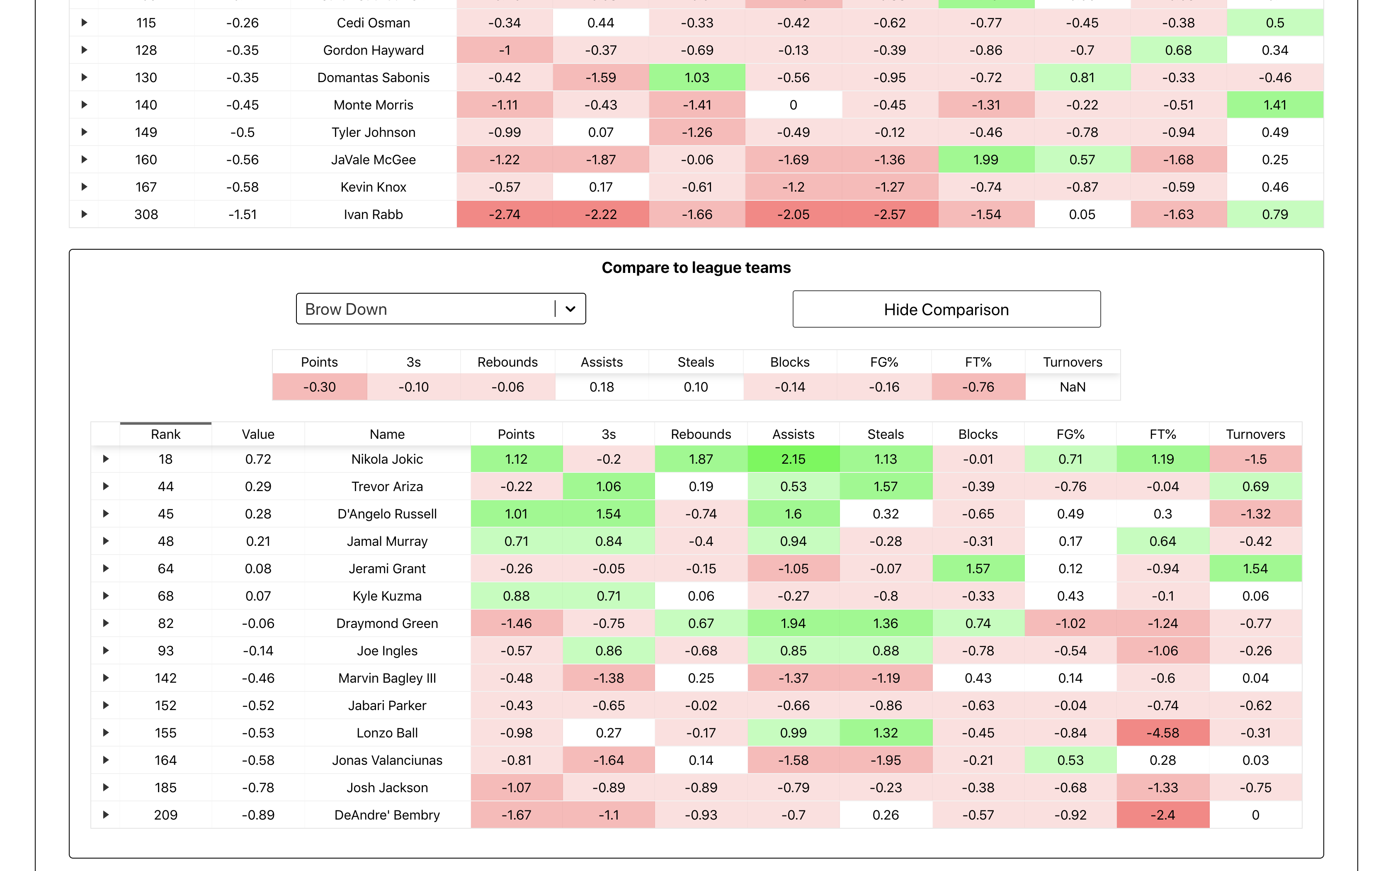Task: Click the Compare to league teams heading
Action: pyautogui.click(x=696, y=268)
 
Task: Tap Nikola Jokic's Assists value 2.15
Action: pyautogui.click(x=793, y=459)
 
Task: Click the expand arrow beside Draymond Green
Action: pyautogui.click(x=106, y=623)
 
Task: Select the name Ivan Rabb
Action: pyautogui.click(x=373, y=214)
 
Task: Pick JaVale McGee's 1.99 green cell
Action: pyautogui.click(x=985, y=160)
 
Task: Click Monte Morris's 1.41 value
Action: pyautogui.click(x=1274, y=105)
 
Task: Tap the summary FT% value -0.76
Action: pyautogui.click(x=978, y=387)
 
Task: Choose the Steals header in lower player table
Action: pyautogui.click(x=885, y=434)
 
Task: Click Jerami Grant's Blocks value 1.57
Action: pyautogui.click(x=978, y=569)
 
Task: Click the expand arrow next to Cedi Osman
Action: pyautogui.click(x=84, y=23)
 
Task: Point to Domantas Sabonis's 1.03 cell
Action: pyautogui.click(x=696, y=78)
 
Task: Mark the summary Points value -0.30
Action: pyautogui.click(x=320, y=387)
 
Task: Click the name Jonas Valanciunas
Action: pyautogui.click(x=387, y=760)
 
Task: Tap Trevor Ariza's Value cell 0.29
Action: pyautogui.click(x=258, y=487)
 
